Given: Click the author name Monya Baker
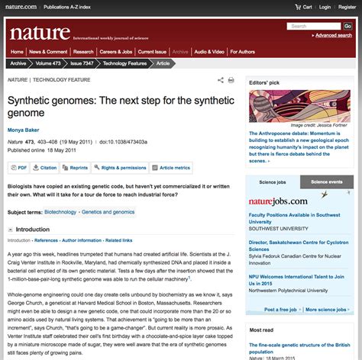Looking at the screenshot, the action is tap(26, 129).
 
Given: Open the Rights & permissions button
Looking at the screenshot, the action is tap(121, 167).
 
